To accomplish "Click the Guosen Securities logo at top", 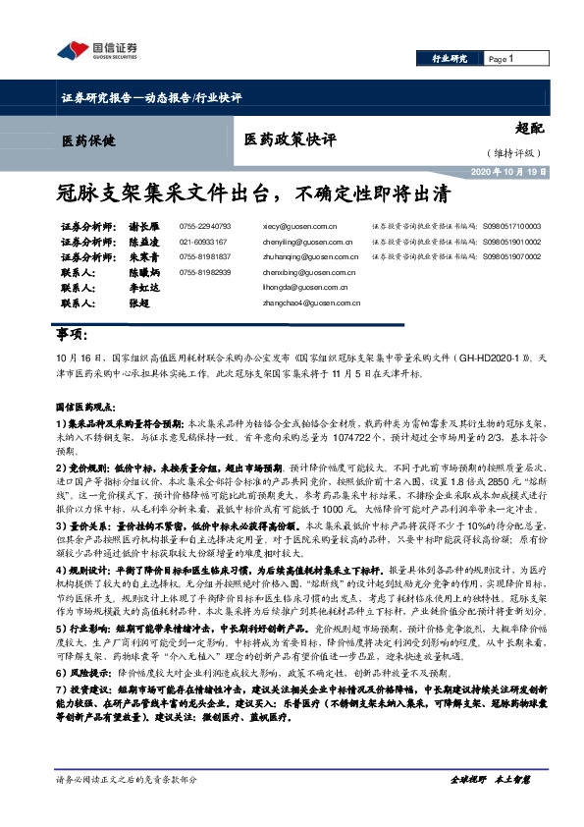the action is pyautogui.click(x=95, y=51).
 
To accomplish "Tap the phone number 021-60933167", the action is pyautogui.click(x=203, y=242).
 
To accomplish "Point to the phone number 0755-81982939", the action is pyautogui.click(x=205, y=271).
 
